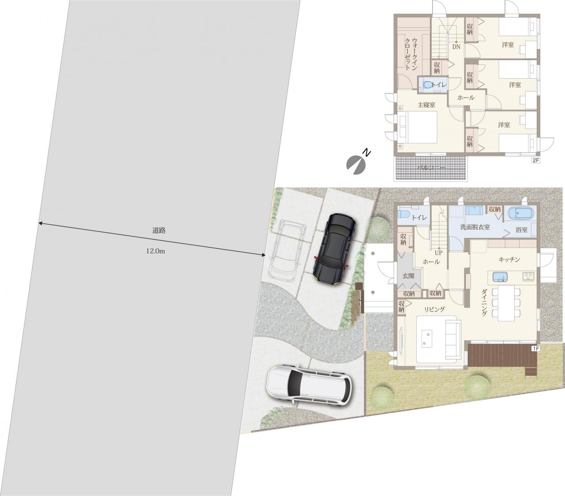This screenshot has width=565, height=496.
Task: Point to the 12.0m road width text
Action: pos(156,251)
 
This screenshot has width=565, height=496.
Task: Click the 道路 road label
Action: pos(158,231)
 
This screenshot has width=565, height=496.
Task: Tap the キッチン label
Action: pos(509,260)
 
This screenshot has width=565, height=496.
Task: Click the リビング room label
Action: pos(434,309)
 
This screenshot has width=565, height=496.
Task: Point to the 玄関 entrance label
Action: pos(408,276)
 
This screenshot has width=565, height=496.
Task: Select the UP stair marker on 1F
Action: pos(439,253)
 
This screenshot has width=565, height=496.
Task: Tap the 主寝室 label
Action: pos(426,105)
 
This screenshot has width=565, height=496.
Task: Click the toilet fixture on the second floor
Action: pos(427,84)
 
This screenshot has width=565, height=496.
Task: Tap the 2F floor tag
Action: pos(535,160)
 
